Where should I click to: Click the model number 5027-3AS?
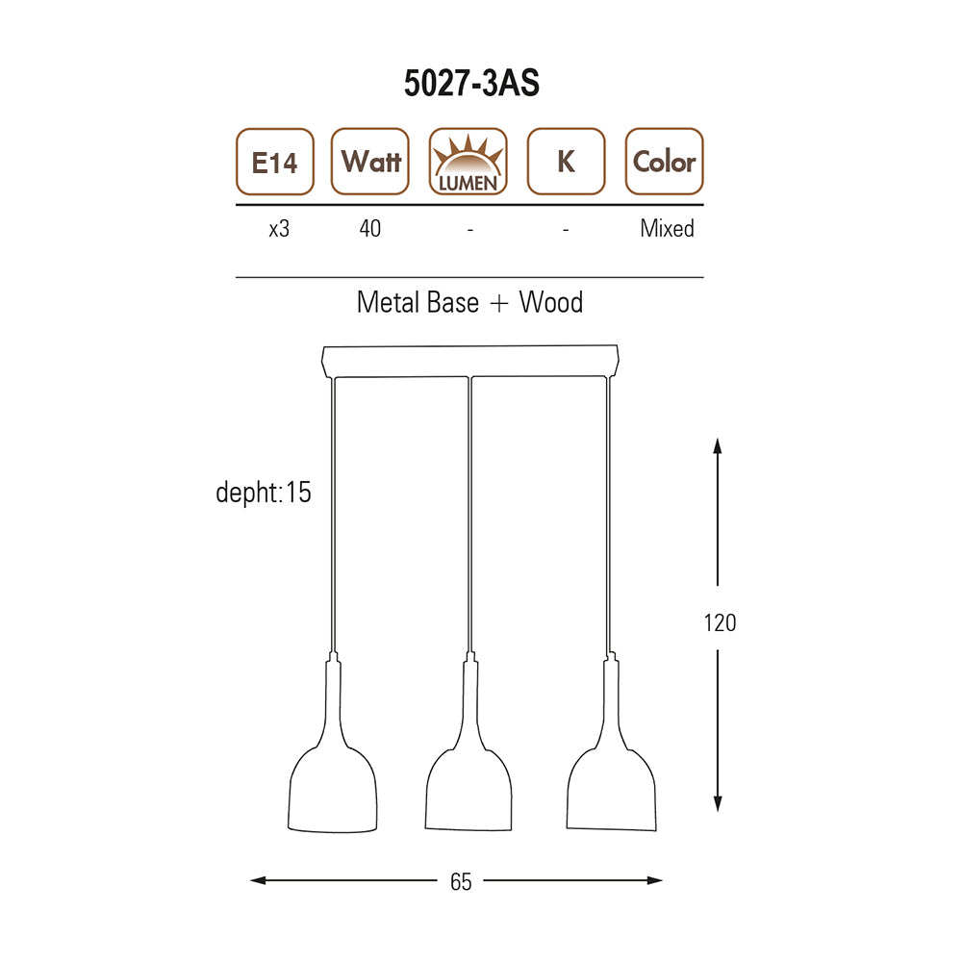tap(471, 83)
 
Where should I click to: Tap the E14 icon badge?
tap(275, 162)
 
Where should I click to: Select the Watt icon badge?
tap(370, 162)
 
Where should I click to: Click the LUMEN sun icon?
tap(468, 162)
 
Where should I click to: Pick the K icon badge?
tap(567, 162)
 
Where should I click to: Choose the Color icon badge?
tap(665, 162)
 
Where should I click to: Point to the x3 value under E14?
tap(279, 229)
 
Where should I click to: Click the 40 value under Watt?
tap(370, 228)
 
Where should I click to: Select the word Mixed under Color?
tap(667, 228)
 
